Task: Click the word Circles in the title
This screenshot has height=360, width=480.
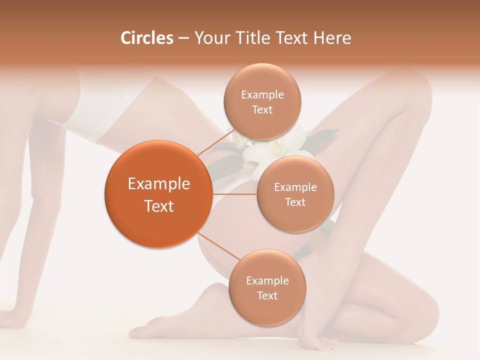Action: (x=146, y=38)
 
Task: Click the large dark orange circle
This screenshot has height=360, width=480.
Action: (x=158, y=194)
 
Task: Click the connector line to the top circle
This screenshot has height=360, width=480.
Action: (x=215, y=142)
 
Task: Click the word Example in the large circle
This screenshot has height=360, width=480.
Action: (x=159, y=184)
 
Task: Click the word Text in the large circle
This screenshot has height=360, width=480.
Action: (x=159, y=206)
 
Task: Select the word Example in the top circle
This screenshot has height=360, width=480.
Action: (x=262, y=94)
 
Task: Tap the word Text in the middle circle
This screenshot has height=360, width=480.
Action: (x=295, y=202)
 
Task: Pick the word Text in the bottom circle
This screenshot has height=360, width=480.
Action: (x=267, y=295)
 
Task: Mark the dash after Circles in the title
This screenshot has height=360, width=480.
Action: (x=183, y=38)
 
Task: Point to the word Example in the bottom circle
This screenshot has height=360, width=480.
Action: (x=267, y=280)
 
